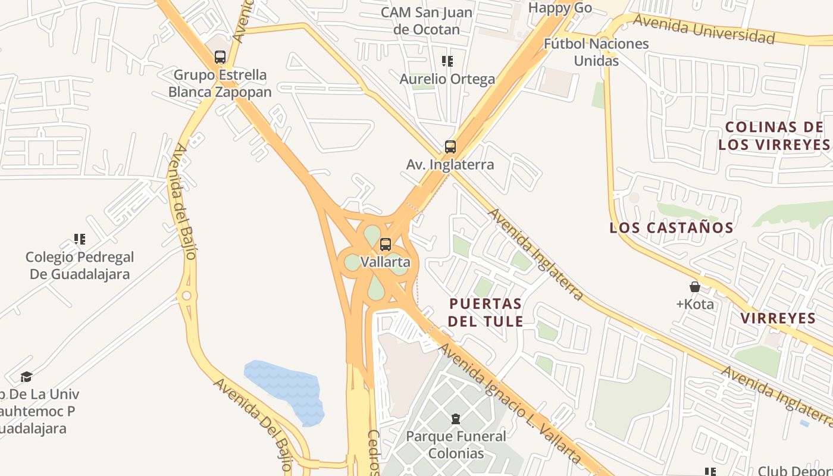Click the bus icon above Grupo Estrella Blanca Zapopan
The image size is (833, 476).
click(220, 57)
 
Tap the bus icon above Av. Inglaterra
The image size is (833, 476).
click(450, 146)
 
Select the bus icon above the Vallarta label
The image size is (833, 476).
click(386, 244)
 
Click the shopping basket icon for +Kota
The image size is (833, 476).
click(694, 287)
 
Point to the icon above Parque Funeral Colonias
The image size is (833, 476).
click(456, 419)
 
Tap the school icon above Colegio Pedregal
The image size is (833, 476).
click(80, 239)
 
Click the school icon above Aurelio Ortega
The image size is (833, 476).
click(447, 61)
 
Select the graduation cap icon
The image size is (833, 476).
click(26, 377)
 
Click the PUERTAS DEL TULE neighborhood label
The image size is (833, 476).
click(486, 312)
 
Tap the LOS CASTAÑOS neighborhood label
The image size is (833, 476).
click(672, 227)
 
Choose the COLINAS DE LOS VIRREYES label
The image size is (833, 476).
click(773, 136)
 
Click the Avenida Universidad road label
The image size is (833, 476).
click(704, 29)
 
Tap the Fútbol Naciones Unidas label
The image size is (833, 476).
click(596, 52)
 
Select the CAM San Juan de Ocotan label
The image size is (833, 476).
click(427, 21)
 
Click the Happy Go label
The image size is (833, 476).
click(560, 8)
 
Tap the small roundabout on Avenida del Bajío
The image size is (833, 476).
click(187, 295)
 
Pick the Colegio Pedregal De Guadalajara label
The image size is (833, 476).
click(80, 266)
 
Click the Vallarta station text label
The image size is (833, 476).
click(386, 262)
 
